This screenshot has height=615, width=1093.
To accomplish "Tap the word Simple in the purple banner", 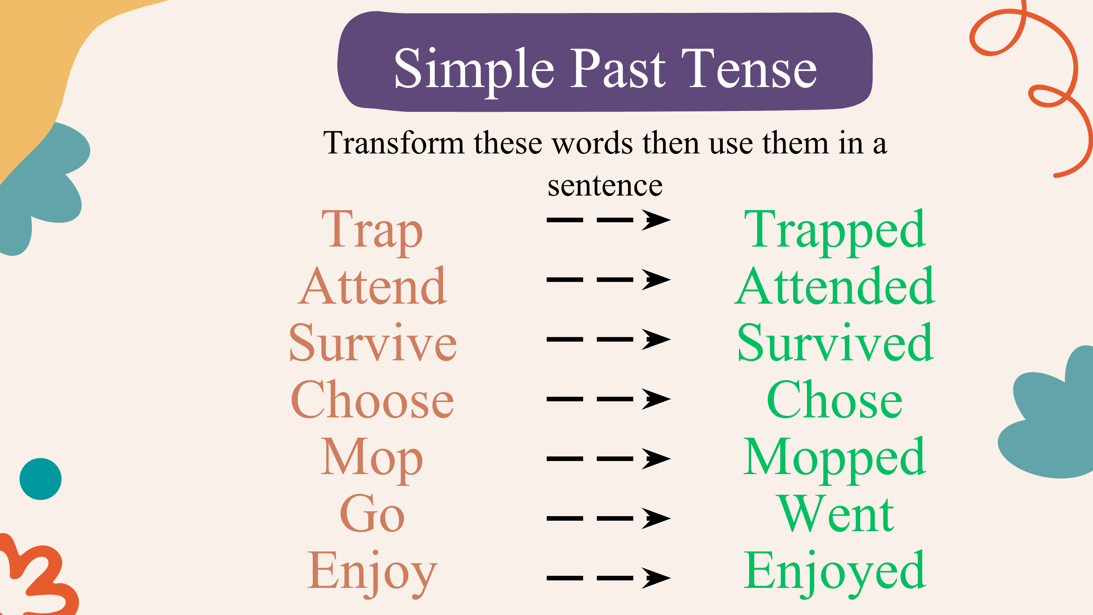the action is (x=474, y=71).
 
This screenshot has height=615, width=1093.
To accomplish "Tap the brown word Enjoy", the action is (x=372, y=573).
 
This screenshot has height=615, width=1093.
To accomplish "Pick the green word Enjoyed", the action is (x=834, y=573).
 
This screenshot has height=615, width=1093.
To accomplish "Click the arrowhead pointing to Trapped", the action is (x=656, y=220).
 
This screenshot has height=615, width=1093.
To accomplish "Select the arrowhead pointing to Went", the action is (x=656, y=518).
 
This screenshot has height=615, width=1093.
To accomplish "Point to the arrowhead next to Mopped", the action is (x=656, y=459).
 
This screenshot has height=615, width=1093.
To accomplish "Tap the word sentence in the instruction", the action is (x=605, y=186).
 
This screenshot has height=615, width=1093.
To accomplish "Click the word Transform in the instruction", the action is (x=394, y=143).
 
